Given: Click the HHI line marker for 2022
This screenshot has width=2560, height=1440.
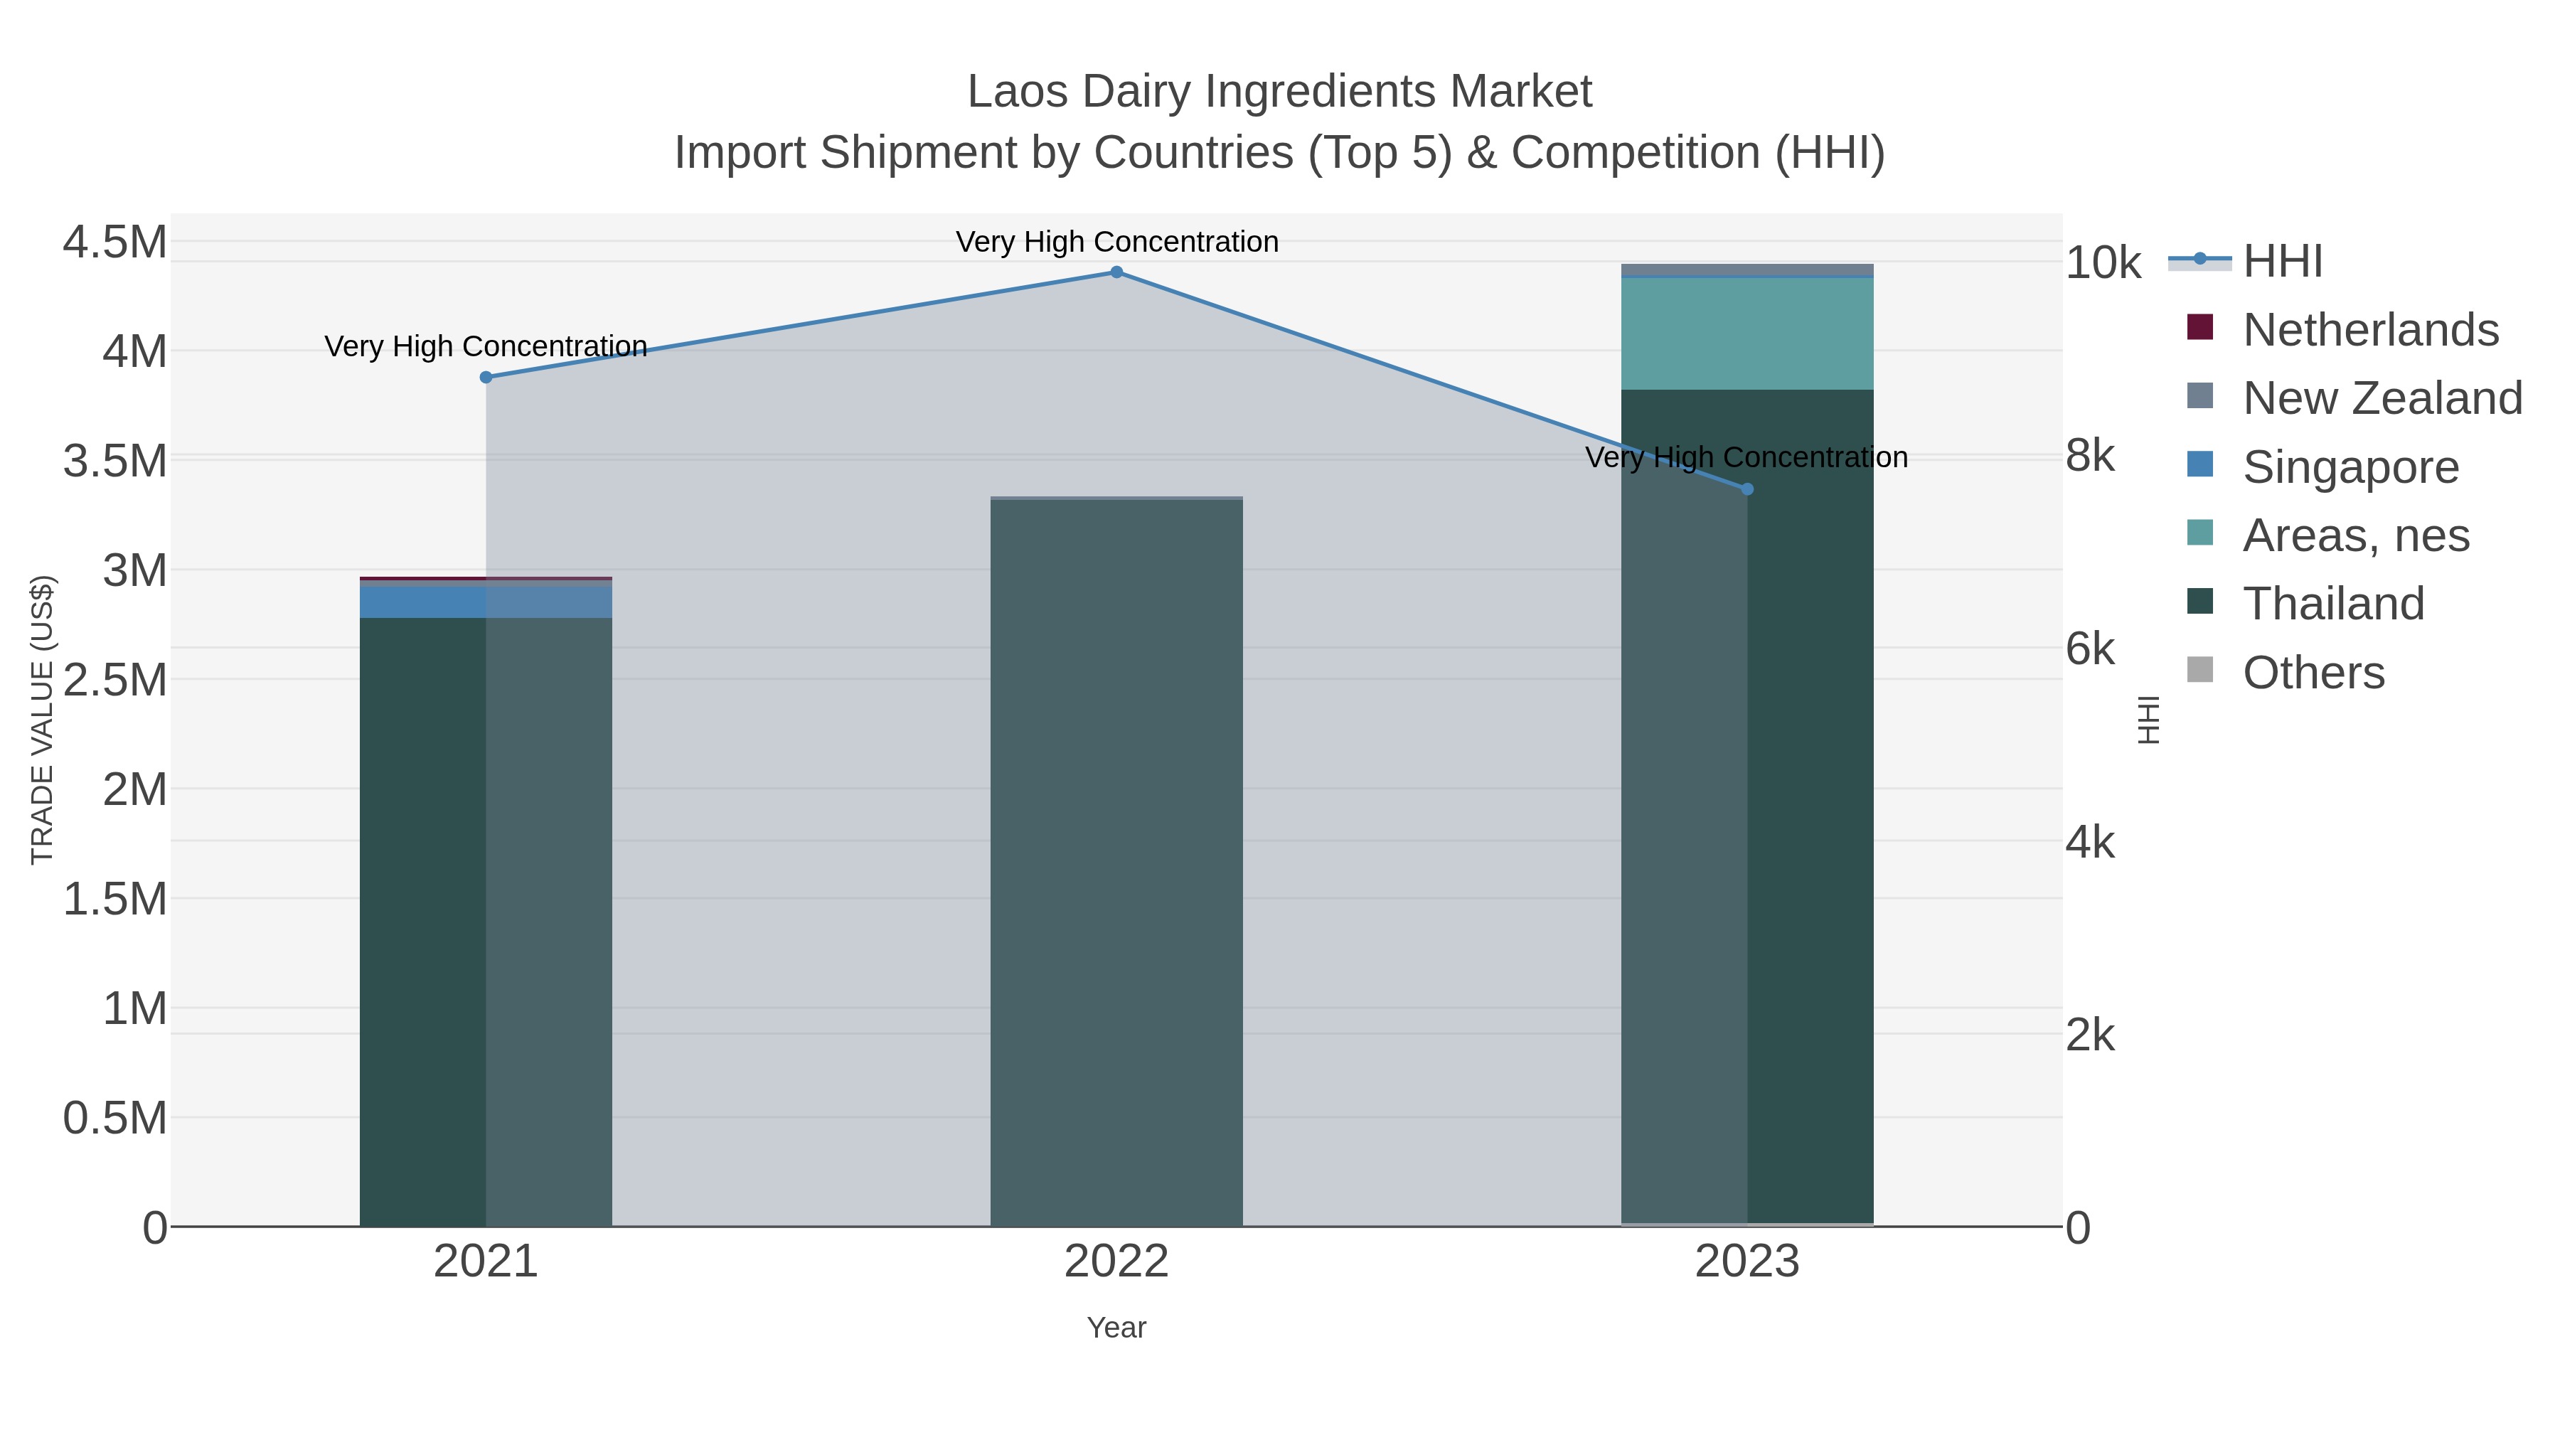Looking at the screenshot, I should (1116, 272).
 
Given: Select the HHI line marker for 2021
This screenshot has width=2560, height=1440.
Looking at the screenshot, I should (486, 378).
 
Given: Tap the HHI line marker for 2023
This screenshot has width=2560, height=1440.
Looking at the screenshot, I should (1747, 489).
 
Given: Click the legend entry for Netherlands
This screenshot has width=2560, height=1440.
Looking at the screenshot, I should (2369, 330).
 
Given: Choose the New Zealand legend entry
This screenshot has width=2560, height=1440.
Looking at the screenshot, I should (2381, 398).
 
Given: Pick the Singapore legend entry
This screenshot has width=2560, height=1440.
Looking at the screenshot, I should (2350, 467).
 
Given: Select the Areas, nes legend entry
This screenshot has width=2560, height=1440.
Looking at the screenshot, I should (2355, 535).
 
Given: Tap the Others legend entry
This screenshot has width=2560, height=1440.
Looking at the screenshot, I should (2313, 673).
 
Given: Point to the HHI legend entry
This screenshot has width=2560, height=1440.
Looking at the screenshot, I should (2282, 262).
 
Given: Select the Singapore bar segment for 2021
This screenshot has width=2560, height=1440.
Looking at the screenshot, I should (486, 602).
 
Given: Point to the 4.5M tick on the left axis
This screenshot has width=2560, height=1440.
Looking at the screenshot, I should (115, 242).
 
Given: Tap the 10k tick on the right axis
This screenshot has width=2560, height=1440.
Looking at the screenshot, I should (2103, 263).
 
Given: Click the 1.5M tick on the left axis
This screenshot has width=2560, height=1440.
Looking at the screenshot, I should (115, 900).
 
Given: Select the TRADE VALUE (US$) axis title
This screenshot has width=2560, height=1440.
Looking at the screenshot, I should (43, 720).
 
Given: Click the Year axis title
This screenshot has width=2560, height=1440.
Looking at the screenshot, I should (1116, 1328).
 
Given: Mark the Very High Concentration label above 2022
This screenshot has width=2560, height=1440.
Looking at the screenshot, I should (1116, 242).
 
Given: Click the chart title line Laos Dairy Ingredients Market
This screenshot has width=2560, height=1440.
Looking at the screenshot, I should (1279, 92).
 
